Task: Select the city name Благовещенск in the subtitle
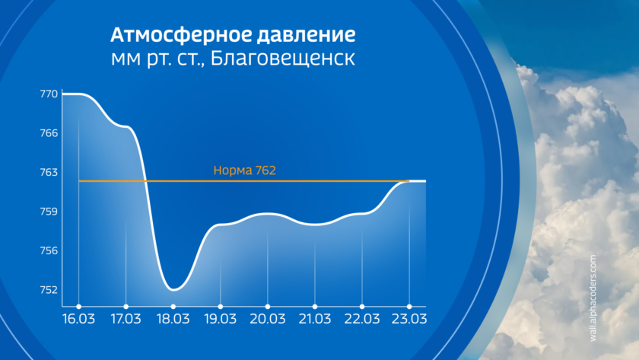[x=283, y=59]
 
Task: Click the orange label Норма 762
[x=244, y=170]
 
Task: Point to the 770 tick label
[x=49, y=94]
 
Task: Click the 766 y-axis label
[x=49, y=133]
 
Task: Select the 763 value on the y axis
[x=49, y=172]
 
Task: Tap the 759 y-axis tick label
[x=49, y=211]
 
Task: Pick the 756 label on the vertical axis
[x=49, y=250]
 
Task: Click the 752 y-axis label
[x=49, y=289]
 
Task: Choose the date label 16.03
[x=78, y=319]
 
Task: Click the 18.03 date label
[x=173, y=319]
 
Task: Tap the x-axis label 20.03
[x=267, y=319]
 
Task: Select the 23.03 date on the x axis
[x=409, y=319]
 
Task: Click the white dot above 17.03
[x=126, y=307]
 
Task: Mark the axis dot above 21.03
[x=315, y=307]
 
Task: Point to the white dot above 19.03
[x=221, y=307]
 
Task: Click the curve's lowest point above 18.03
[x=173, y=290]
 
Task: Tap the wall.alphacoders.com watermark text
[x=593, y=298]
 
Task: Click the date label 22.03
[x=362, y=319]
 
